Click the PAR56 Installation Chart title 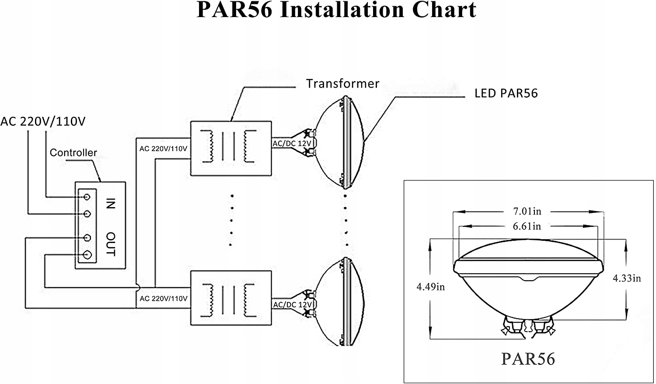click(336, 11)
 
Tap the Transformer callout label click(342, 84)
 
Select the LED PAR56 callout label click(506, 93)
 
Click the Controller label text click(73, 153)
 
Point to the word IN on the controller click(111, 204)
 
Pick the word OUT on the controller click(111, 244)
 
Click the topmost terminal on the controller click(87, 197)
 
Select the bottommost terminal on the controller click(87, 255)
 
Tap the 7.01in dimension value click(527, 211)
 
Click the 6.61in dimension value click(527, 226)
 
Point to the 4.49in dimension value click(430, 287)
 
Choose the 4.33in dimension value click(627, 278)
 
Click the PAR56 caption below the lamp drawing click(528, 359)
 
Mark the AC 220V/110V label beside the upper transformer click(163, 149)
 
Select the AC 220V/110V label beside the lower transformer click(163, 299)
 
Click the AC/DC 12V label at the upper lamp click(292, 144)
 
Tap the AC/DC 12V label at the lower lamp click(292, 305)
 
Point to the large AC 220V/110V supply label click(43, 121)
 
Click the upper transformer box click(231, 148)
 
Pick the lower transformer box click(231, 298)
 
